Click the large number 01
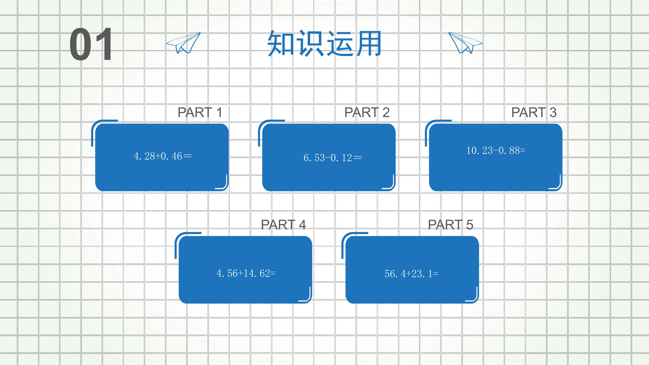(91, 44)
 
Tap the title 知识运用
(324, 44)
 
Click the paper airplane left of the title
(183, 43)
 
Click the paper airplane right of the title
(465, 43)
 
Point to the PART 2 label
(367, 112)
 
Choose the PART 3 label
(534, 112)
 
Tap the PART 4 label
(283, 225)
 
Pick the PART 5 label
(450, 225)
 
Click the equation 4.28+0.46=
(163, 156)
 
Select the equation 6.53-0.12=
(333, 158)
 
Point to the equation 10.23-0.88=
(496, 150)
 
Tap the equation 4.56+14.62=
(246, 273)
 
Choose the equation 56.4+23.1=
(411, 274)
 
